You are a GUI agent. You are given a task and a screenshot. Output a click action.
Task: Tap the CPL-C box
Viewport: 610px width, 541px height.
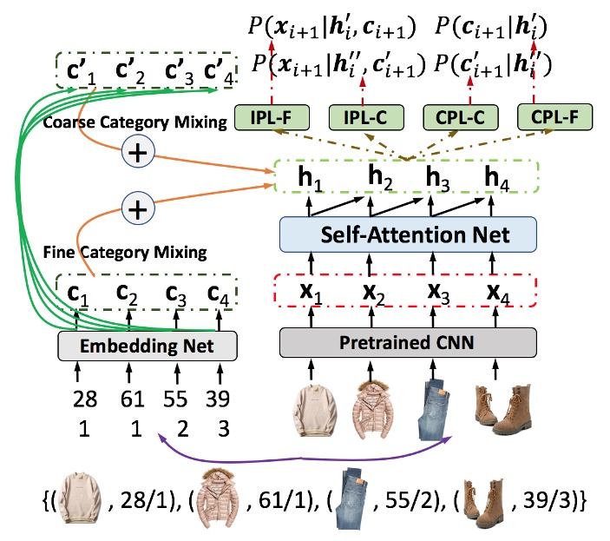pyautogui.click(x=454, y=116)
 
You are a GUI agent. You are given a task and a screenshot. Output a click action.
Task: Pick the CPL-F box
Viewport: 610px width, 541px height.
pyautogui.click(x=548, y=116)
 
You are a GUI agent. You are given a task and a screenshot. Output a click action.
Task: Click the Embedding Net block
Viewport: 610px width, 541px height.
pyautogui.click(x=148, y=346)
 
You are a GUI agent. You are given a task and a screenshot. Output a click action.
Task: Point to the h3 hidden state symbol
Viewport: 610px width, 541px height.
pyautogui.click(x=436, y=178)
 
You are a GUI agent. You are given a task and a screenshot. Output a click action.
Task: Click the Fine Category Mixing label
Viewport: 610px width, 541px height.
pyautogui.click(x=124, y=253)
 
